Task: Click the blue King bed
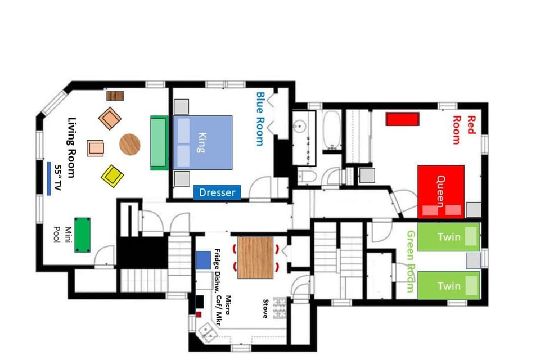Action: coord(202,142)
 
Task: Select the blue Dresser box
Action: coord(217,192)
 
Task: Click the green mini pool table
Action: coord(82,234)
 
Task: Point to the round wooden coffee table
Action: coord(130,144)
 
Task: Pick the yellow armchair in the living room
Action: coord(112,176)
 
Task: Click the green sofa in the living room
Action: coord(159,142)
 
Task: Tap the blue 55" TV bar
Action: coord(49,178)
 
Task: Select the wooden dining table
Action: coord(255,258)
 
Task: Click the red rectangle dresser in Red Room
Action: coord(403,119)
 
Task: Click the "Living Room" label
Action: coord(71,147)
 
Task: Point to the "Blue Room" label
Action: coord(259,119)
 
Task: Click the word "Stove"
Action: coord(264,308)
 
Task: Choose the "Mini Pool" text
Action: coord(69,237)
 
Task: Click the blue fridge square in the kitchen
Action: coord(203,259)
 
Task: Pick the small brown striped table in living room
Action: coord(115,96)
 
